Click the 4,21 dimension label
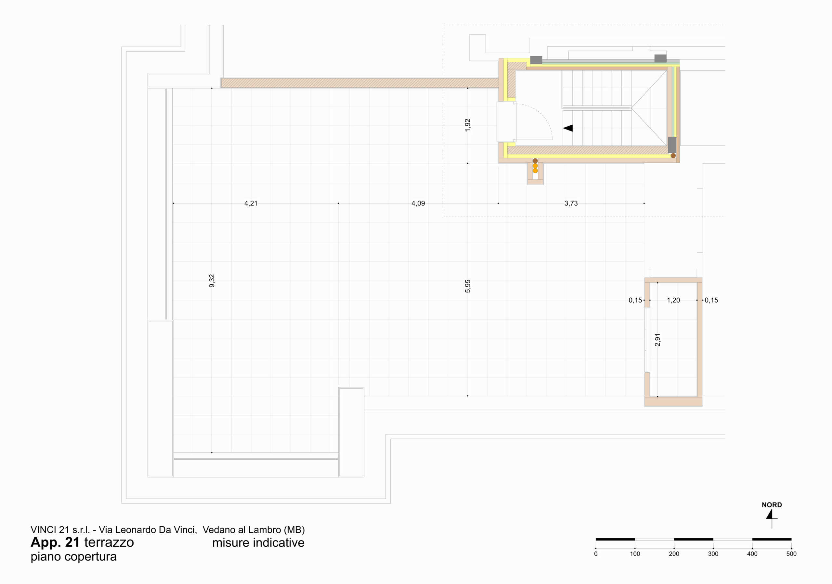click(251, 204)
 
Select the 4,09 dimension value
click(418, 204)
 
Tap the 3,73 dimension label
click(571, 204)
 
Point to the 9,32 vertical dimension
click(212, 281)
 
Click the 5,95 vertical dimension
click(467, 286)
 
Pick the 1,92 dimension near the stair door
click(467, 125)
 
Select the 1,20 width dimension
click(673, 300)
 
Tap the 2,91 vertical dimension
click(658, 340)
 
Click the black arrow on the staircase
click(568, 128)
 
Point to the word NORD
click(772, 505)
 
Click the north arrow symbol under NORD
click(771, 518)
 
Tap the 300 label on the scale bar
click(713, 554)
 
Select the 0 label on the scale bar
click(596, 554)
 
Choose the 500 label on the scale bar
click(791, 554)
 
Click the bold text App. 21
click(55, 542)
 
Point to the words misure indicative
click(258, 543)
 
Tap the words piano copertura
click(73, 557)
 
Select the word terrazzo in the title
click(109, 543)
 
